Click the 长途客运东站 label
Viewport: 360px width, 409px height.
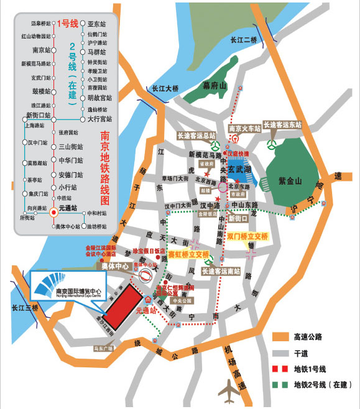click(x=283, y=124)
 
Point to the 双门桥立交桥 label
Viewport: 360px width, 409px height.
click(x=247, y=237)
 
